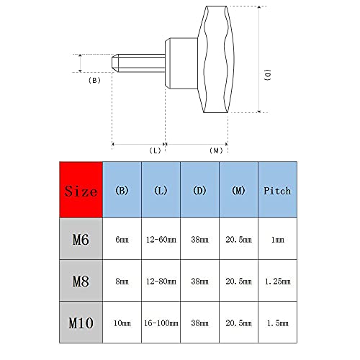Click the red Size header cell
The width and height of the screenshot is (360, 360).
pyautogui.click(x=81, y=191)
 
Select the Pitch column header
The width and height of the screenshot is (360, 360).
pyautogui.click(x=276, y=191)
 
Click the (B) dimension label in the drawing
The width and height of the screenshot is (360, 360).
pyautogui.click(x=94, y=81)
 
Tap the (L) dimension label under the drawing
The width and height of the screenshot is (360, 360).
pyautogui.click(x=155, y=150)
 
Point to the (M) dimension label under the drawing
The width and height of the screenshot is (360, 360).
pyautogui.click(x=215, y=150)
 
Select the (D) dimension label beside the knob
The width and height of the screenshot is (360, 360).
pyautogui.click(x=268, y=76)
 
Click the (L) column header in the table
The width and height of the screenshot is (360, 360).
pyautogui.click(x=161, y=191)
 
